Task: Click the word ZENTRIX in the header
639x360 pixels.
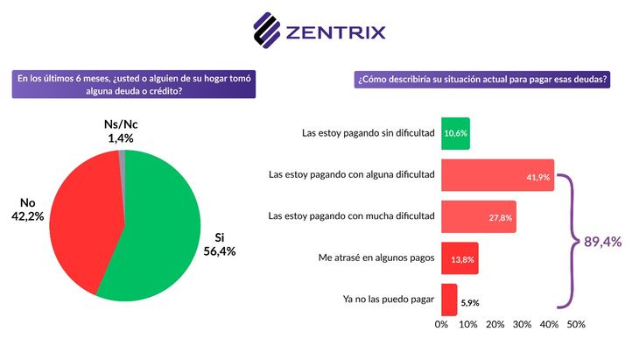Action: (x=336, y=34)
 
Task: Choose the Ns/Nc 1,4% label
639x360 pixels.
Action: (x=114, y=131)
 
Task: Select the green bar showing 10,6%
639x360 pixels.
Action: (x=455, y=133)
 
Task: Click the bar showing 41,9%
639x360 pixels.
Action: (x=497, y=175)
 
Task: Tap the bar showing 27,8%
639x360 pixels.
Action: (x=478, y=216)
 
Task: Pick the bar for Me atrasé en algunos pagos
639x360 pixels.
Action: (x=460, y=258)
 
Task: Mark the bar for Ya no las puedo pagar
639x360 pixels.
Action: (x=448, y=300)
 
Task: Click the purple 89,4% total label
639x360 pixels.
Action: (x=603, y=243)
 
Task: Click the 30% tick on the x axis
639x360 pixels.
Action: (x=523, y=324)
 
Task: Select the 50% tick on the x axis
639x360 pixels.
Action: (x=576, y=324)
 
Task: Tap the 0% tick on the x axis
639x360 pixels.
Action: (x=442, y=324)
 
